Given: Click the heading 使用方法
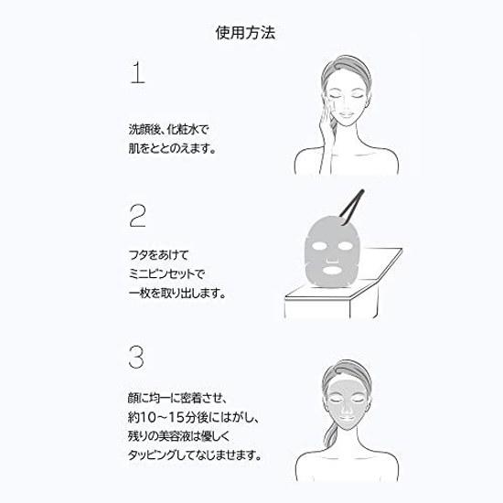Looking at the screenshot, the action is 245,33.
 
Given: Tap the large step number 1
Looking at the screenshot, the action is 137,73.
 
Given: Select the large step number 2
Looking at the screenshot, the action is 137,216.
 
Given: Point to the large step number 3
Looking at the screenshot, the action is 136,357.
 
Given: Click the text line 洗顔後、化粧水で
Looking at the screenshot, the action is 169,130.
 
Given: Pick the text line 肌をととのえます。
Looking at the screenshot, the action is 172,148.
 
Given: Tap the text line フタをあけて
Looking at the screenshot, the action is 158,255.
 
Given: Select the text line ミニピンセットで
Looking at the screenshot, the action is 166,274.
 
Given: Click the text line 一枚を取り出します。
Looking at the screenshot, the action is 177,293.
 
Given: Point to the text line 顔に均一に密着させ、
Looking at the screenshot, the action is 177,398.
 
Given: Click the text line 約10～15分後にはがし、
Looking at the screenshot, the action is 193,417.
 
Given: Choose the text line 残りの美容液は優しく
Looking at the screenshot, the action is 179,436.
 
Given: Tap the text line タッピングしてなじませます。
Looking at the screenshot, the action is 195,455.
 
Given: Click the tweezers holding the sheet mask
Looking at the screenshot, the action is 351,207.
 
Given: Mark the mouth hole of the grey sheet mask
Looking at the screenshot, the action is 333,270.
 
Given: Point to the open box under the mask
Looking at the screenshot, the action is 343,289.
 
